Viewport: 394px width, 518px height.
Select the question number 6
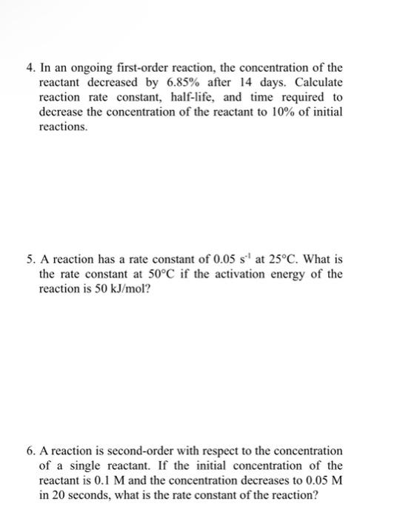(27, 451)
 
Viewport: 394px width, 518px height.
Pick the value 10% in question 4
(277, 112)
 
